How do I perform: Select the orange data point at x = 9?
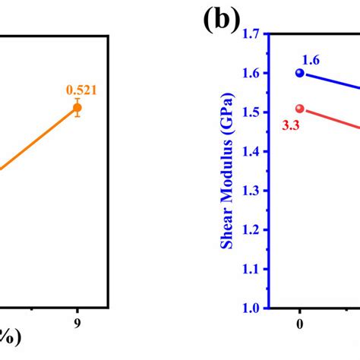click(77, 109)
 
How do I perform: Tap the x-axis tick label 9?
click(77, 323)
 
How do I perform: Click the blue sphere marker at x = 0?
click(299, 73)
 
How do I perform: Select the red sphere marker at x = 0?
click(299, 109)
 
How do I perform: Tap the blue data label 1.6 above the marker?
click(311, 59)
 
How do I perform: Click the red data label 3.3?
click(289, 126)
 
